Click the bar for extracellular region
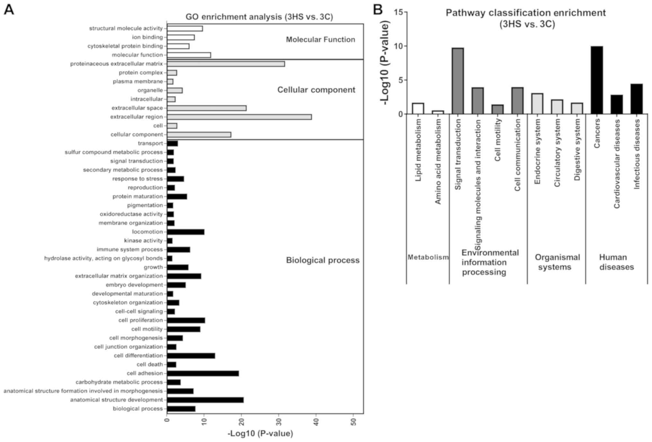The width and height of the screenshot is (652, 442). (239, 117)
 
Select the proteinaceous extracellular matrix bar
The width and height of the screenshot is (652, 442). (226, 64)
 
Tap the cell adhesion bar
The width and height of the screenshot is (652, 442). (203, 373)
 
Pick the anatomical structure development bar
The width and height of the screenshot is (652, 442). (205, 400)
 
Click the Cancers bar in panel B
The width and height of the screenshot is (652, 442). (597, 80)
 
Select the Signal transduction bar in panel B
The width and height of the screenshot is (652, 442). (458, 81)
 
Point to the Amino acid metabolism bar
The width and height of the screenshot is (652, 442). (438, 112)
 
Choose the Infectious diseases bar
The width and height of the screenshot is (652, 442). (637, 99)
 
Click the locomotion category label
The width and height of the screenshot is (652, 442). (147, 232)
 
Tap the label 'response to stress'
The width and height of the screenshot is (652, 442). (137, 179)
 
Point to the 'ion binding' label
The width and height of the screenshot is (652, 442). (147, 37)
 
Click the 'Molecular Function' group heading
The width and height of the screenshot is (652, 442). (320, 39)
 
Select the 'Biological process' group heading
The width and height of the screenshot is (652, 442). (323, 260)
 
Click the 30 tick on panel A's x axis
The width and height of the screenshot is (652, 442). (279, 420)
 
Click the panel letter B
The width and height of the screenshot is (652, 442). (378, 10)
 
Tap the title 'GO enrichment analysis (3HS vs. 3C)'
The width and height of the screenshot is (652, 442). (259, 17)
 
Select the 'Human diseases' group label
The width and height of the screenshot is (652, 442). (616, 262)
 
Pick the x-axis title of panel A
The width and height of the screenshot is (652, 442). (260, 434)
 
